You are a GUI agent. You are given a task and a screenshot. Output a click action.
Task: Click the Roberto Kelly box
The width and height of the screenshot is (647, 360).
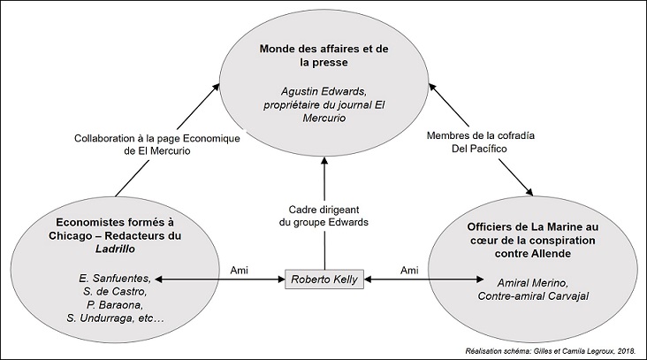click(x=324, y=280)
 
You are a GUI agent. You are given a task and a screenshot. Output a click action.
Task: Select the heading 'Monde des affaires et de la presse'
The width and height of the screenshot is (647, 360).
click(x=323, y=56)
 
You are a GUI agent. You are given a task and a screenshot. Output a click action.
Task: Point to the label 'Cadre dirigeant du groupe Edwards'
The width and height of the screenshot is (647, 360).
click(x=323, y=216)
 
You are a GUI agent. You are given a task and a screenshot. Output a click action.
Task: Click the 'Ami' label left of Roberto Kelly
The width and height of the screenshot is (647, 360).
click(x=239, y=270)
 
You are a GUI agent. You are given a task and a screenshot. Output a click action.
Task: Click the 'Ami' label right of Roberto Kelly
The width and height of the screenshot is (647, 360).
click(x=409, y=270)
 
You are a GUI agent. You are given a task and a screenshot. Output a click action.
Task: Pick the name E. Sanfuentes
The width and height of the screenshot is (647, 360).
click(x=115, y=278)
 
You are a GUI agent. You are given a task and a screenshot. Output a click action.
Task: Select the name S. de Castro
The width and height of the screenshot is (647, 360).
click(x=115, y=292)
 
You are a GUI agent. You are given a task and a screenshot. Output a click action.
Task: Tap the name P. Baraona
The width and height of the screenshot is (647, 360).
click(x=115, y=305)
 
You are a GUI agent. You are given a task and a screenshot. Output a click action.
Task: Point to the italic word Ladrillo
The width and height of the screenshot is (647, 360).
click(x=115, y=249)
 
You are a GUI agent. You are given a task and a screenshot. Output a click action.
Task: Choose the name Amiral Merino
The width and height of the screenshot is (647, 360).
click(x=533, y=283)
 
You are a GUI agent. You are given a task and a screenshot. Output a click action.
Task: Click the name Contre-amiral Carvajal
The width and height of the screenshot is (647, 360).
click(x=533, y=296)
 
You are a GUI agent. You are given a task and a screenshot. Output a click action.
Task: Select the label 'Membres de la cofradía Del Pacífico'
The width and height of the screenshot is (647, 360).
click(x=480, y=142)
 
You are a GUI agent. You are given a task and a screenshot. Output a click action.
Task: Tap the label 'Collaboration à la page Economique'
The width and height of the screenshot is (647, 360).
click(x=157, y=138)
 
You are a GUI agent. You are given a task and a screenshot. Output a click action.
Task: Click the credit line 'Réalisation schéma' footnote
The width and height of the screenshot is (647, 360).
click(x=550, y=351)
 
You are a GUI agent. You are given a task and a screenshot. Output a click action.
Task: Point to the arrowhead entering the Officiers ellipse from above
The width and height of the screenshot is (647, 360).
click(x=529, y=192)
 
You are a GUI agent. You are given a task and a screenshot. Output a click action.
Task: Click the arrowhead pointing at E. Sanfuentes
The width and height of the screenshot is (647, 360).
click(x=158, y=280)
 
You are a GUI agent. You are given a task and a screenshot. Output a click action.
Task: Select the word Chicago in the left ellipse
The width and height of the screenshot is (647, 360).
click(x=66, y=236)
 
